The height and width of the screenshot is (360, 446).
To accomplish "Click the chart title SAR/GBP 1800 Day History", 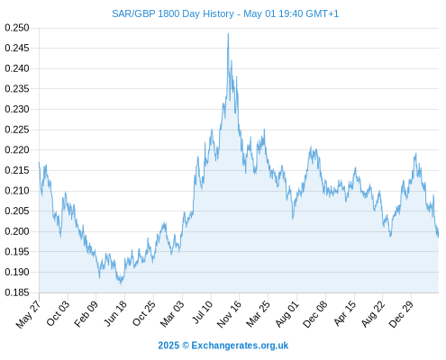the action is [x=173, y=13].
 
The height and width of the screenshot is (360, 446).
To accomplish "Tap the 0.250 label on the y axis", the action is [x=17, y=28].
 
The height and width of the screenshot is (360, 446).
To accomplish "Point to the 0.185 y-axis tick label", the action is [x=17, y=292].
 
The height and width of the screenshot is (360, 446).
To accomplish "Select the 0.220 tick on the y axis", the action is [x=17, y=149].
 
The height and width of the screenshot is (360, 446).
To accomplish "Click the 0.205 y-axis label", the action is [x=17, y=211].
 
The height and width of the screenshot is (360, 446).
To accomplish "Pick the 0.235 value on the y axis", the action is [x=17, y=89].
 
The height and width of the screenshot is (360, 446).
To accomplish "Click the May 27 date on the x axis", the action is [x=28, y=314].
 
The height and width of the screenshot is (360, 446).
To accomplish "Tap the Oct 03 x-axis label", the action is [x=58, y=313].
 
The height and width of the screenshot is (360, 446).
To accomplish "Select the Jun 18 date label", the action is [x=115, y=313].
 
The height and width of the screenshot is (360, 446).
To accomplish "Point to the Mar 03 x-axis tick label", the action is [x=172, y=314].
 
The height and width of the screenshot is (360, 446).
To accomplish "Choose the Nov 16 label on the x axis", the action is [x=229, y=314].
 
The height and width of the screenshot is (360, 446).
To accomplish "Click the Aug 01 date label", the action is [x=287, y=314].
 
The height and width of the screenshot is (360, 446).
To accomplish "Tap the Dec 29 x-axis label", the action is [x=401, y=314].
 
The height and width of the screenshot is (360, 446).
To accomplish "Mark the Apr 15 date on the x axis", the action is [x=345, y=313].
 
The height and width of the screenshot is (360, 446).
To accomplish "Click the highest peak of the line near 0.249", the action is [x=228, y=33].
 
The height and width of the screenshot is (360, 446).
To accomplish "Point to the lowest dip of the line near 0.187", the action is [x=122, y=283].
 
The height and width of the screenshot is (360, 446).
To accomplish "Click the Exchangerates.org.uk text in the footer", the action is [x=240, y=346].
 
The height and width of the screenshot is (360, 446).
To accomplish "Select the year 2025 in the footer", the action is [x=168, y=346].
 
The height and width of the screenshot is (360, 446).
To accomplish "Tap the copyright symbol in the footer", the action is [x=186, y=346].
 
